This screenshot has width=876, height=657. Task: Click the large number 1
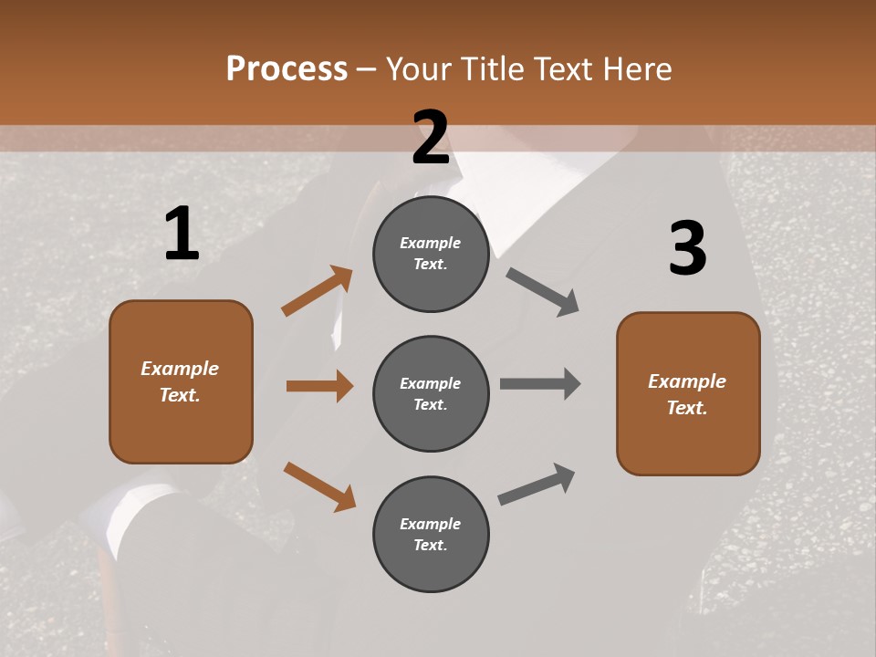(x=182, y=235)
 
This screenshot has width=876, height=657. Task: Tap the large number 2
(x=431, y=138)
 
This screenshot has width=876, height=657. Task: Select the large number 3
(x=687, y=249)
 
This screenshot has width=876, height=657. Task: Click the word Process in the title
(x=287, y=68)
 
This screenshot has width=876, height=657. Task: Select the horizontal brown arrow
(x=319, y=386)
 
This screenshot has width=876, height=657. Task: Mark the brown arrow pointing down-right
(x=319, y=486)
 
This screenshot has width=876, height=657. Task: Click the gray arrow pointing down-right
(x=543, y=291)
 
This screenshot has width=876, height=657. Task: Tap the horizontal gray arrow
(x=540, y=383)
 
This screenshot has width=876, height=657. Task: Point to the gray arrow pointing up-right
(x=537, y=484)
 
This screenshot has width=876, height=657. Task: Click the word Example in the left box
(x=180, y=369)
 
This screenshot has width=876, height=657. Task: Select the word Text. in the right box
(x=687, y=408)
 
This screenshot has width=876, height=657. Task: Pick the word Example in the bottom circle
(x=431, y=524)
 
